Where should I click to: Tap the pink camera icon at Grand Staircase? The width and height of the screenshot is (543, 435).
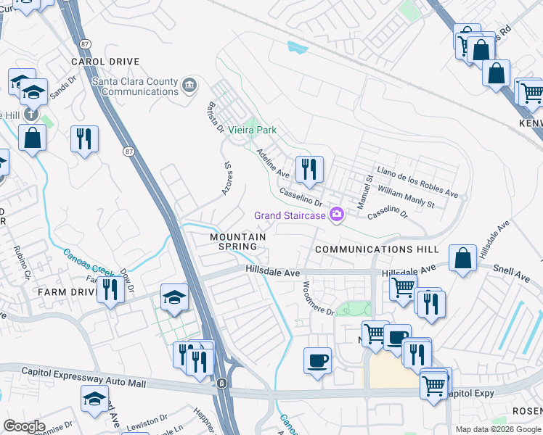pyautogui.click(x=336, y=214)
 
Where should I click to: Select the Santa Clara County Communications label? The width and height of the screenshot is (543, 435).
pyautogui.click(x=135, y=86)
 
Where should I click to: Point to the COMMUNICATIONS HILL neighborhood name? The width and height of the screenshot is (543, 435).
pyautogui.click(x=377, y=249)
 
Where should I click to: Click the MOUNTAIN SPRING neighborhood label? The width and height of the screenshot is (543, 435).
pyautogui.click(x=237, y=241)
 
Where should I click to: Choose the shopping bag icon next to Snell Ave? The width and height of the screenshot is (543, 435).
pyautogui.click(x=462, y=258)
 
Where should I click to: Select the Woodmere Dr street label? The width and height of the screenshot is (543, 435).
pyautogui.click(x=318, y=299)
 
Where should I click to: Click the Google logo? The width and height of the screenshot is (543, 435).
pyautogui.click(x=24, y=426)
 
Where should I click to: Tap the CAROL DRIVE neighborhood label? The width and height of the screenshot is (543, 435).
pyautogui.click(x=105, y=62)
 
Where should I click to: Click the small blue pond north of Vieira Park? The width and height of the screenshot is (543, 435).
pyautogui.click(x=297, y=48)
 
